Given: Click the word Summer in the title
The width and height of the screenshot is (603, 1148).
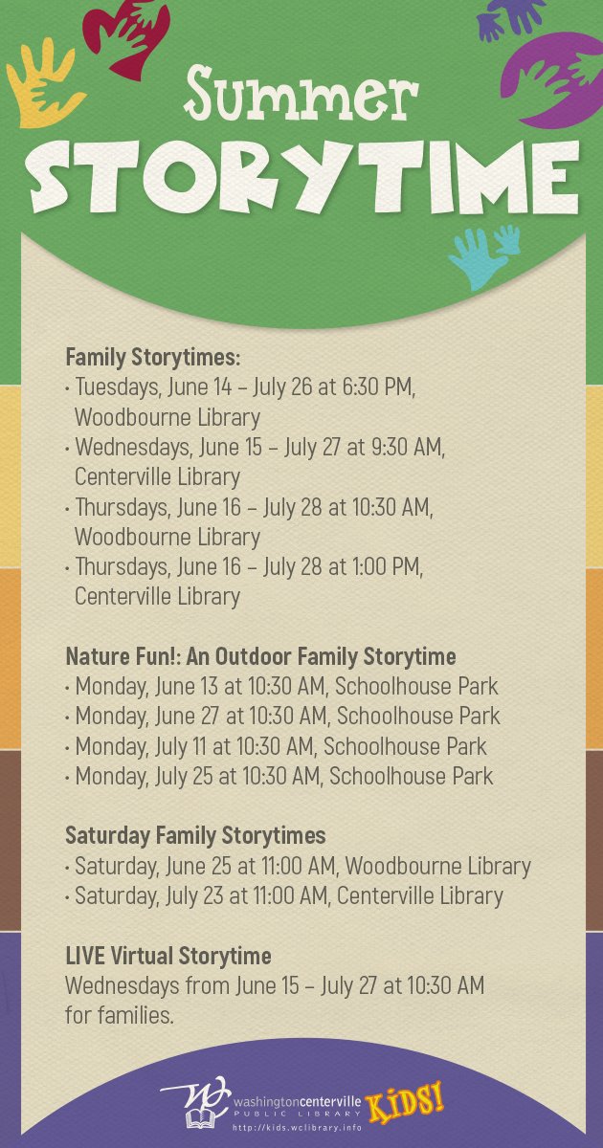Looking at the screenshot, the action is click(301, 96).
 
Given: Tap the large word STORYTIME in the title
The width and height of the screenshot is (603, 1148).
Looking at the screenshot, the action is click(303, 176).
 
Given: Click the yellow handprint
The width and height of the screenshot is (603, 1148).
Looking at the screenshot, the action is click(44, 83).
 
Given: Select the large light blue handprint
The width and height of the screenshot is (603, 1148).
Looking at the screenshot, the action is click(476, 259).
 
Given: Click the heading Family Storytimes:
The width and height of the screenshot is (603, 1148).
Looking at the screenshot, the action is click(153, 357).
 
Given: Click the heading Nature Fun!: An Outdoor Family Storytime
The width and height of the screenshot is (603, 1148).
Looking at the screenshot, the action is click(260, 656).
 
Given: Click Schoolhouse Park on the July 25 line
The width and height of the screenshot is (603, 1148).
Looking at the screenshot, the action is click(412, 776).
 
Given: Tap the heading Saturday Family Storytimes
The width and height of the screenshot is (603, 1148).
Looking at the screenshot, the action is click(195, 835).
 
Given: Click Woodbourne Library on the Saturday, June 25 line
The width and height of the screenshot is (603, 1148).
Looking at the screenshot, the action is click(438, 866).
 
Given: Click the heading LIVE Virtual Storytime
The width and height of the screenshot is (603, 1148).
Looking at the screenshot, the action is click(168, 956).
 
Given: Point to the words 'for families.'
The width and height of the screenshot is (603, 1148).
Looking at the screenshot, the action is click(120, 1015).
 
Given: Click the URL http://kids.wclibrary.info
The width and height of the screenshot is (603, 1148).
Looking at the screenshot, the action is click(298, 1128).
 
